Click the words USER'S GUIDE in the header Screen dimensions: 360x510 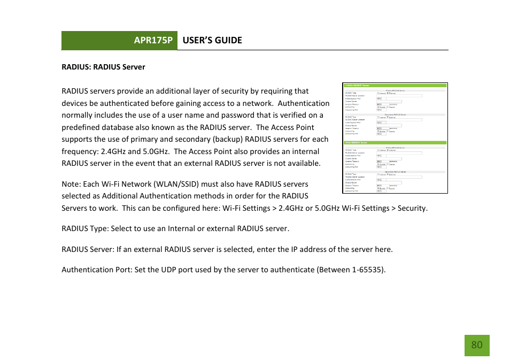[x=212, y=41]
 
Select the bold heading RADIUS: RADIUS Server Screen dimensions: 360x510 [x=103, y=67]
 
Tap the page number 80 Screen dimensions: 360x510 [x=476, y=345]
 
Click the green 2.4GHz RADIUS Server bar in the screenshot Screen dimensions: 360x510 [x=395, y=85]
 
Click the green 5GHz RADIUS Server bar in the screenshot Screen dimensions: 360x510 [x=395, y=143]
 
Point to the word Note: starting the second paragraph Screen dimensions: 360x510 [x=72, y=184]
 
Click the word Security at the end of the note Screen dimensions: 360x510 [x=412, y=208]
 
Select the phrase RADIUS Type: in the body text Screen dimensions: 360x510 [x=84, y=228]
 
